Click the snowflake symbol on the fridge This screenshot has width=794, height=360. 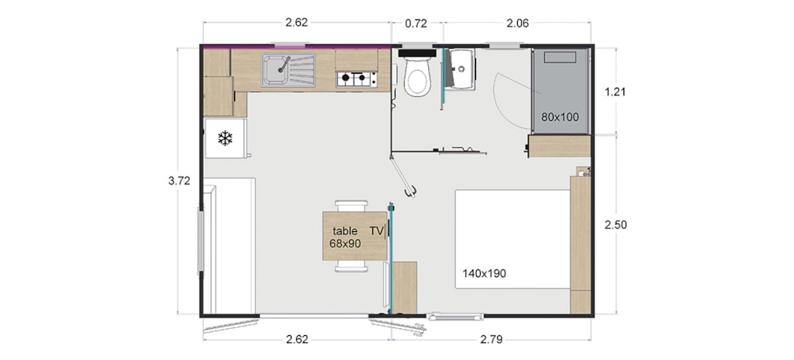[225, 138]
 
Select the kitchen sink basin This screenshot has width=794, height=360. [275, 70]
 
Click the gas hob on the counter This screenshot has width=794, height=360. [357, 78]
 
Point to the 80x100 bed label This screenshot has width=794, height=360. [560, 117]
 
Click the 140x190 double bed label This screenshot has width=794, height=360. [484, 274]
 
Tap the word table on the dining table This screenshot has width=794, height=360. [345, 231]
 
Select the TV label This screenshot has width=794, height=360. [376, 231]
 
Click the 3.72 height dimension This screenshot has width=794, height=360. [179, 181]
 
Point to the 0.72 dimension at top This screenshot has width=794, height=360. [416, 23]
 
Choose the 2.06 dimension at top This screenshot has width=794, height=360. [516, 23]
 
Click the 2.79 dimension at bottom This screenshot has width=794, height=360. [491, 339]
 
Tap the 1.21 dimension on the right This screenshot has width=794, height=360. [616, 92]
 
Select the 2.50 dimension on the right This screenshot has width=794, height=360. [616, 225]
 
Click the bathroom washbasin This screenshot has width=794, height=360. [462, 68]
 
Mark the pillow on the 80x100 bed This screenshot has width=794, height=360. [560, 57]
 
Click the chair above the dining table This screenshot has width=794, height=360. [351, 206]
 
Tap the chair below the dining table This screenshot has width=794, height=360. [351, 267]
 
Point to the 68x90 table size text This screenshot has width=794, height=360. [345, 244]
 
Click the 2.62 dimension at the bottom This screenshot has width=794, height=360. [297, 339]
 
